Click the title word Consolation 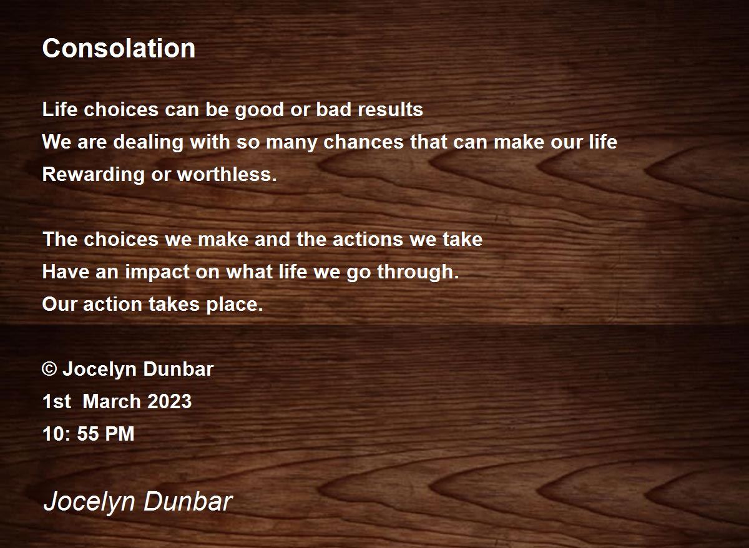(x=119, y=48)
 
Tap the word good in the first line (x=260, y=110)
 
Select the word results (x=390, y=109)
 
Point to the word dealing (x=148, y=143)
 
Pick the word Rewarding (x=93, y=175)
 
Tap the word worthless (x=227, y=174)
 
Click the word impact (x=157, y=273)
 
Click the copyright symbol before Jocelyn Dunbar (x=49, y=369)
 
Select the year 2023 (x=169, y=401)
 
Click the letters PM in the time (x=119, y=434)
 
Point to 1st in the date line (x=57, y=401)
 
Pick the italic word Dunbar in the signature (x=188, y=502)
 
